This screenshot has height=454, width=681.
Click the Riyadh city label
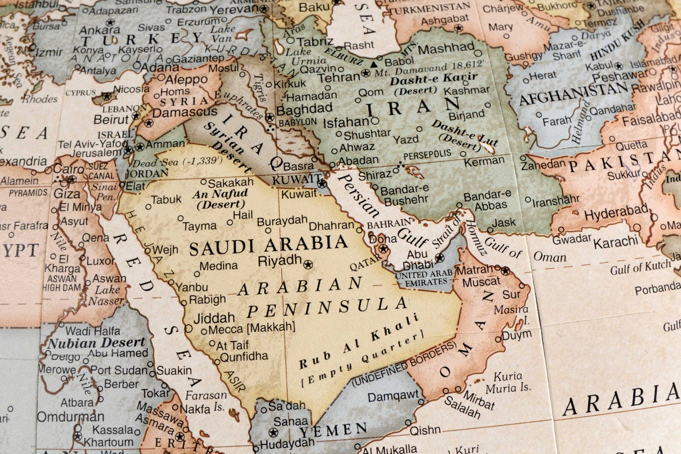tap(280, 261)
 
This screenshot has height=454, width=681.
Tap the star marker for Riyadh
tap(308, 264)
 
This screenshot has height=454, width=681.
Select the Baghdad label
tap(304, 109)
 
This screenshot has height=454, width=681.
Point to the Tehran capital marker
tap(365, 73)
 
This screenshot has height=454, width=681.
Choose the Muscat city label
tap(481, 282)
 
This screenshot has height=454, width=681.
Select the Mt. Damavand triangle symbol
tap(373, 65)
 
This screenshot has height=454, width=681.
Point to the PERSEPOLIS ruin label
tap(427, 155)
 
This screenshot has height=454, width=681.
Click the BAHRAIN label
tap(389, 224)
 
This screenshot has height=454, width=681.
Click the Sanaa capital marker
tap(273, 433)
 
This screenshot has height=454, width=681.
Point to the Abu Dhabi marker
tap(440, 258)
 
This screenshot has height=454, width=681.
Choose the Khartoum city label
tap(108, 443)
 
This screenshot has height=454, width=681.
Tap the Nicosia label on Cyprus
tap(131, 89)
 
